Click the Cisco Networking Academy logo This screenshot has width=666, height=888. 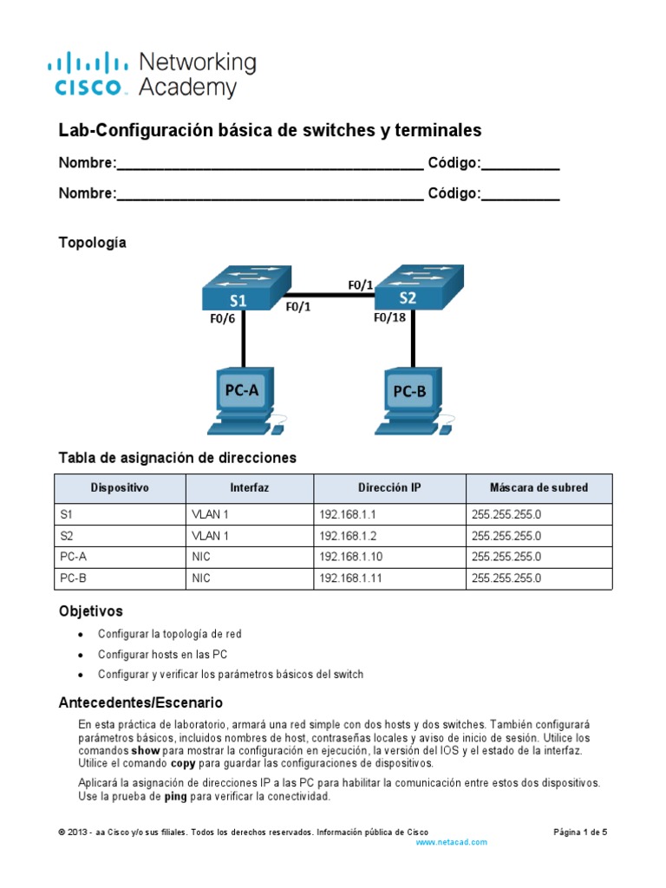point(151,75)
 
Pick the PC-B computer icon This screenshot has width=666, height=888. point(411,400)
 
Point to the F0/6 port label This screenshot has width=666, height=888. point(223,318)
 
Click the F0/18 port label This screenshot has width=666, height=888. point(389,317)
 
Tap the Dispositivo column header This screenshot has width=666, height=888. point(121,488)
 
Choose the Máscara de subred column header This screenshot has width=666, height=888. point(538,488)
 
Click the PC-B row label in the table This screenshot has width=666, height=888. point(74,578)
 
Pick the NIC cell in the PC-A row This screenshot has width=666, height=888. point(201,557)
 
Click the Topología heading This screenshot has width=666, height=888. point(92,243)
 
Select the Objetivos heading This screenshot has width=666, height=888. point(90,611)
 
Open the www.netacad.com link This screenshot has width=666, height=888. point(451,842)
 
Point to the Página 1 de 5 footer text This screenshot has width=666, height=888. point(580,832)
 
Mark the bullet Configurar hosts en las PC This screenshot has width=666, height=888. point(162,654)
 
